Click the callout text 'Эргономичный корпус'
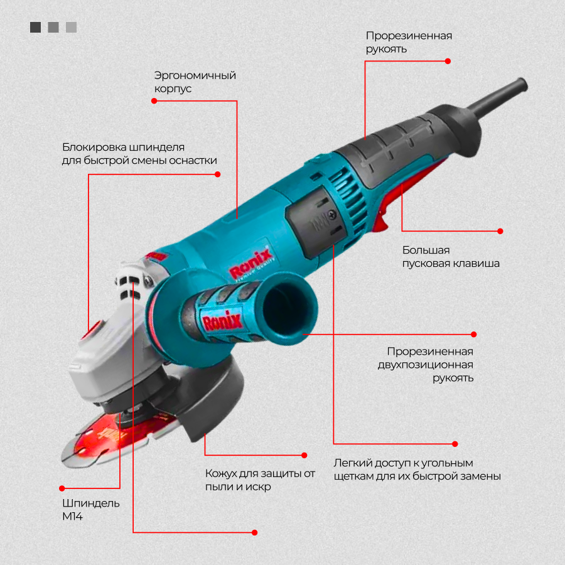point(195,82)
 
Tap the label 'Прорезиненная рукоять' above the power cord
point(409,42)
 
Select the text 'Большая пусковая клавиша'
point(451,257)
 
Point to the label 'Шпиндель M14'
point(90,510)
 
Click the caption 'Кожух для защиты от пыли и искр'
point(260,480)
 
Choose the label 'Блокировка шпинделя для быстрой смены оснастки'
point(139,154)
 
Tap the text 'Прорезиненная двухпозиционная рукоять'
point(429,365)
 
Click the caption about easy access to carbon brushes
point(417,470)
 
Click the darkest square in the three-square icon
point(35,27)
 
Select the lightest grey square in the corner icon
point(71,27)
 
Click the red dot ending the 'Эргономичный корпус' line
point(154,100)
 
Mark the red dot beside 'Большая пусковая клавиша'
point(500,231)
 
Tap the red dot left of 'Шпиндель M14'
point(62,488)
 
